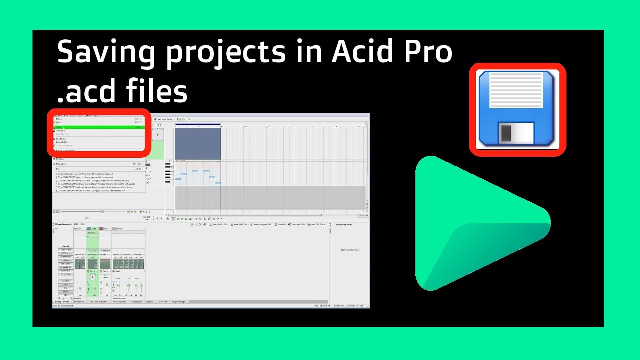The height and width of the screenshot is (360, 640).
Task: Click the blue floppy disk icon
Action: (517, 109)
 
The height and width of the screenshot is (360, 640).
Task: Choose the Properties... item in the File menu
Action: (62, 164)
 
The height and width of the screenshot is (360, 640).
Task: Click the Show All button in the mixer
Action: (66, 246)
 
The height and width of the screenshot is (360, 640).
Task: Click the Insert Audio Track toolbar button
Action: (219, 225)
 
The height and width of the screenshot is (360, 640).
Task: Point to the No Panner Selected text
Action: (350, 250)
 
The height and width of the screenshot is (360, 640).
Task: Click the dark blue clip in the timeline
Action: (198, 144)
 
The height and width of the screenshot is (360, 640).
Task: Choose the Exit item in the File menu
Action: (58, 169)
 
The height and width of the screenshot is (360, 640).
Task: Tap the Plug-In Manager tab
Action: (179, 302)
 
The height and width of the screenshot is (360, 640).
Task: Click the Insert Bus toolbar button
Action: (281, 225)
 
